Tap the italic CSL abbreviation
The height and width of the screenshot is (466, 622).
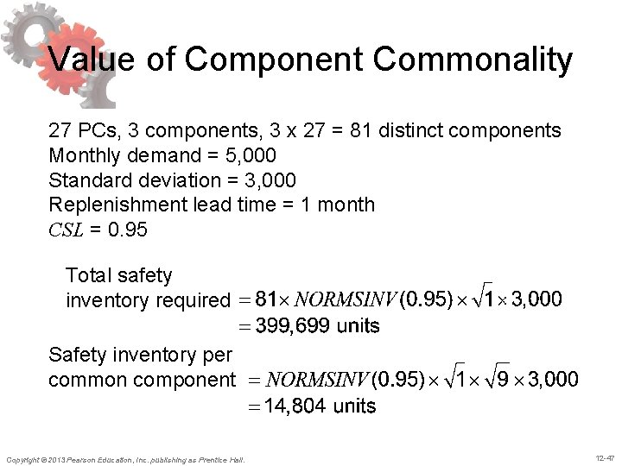coord(66,230)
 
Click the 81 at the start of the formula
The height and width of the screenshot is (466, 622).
coord(269,299)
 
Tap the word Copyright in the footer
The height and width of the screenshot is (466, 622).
coord(23,458)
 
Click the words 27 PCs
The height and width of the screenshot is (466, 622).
coord(76,131)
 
